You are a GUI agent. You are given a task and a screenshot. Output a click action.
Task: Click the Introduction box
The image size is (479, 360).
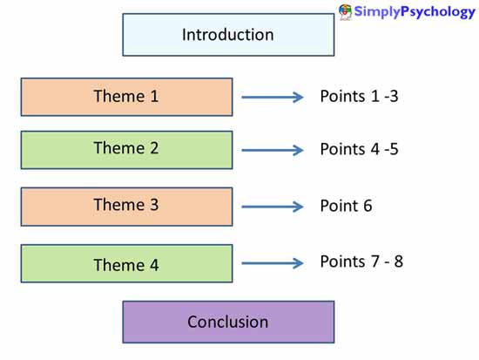(227, 35)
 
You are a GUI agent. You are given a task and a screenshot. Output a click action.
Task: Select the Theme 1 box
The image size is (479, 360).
(126, 97)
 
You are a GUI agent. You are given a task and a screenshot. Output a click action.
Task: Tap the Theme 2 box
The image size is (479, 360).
(126, 149)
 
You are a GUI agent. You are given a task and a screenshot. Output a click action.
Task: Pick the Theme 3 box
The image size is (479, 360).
(126, 206)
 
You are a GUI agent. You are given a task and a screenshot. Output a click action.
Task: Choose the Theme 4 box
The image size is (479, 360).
(126, 263)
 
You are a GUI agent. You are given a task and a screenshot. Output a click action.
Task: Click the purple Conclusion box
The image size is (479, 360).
(227, 322)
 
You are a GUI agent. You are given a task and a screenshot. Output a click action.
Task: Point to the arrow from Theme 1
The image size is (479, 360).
(273, 97)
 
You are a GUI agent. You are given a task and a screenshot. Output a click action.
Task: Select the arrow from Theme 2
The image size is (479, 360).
(273, 150)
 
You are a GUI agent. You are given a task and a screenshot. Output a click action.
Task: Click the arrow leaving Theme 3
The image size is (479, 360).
(273, 207)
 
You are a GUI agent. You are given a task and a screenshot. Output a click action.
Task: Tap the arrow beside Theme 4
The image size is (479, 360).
(273, 263)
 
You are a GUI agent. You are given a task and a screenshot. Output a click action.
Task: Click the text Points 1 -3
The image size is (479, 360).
(359, 96)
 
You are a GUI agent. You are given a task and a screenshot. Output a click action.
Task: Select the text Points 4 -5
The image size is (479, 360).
(359, 149)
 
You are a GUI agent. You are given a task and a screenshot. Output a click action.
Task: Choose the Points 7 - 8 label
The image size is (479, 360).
(361, 262)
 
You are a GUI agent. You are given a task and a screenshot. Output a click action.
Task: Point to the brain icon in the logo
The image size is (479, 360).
(346, 11)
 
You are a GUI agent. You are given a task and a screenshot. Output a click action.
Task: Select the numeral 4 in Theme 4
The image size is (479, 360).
(154, 264)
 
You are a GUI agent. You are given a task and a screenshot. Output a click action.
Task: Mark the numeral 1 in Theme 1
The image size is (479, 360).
(154, 97)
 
